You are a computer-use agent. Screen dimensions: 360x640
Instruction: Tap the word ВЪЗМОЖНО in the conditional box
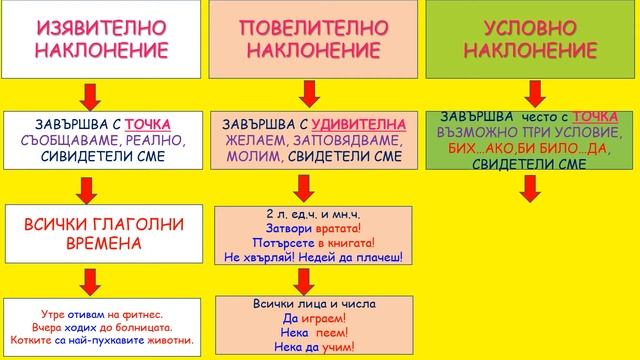[x=478, y=131]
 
